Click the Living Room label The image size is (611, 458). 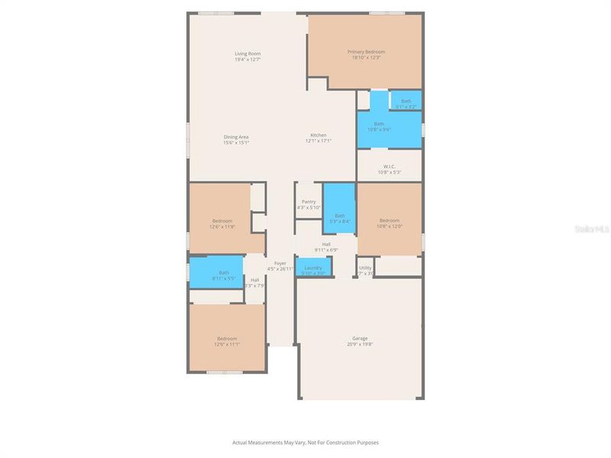pyautogui.click(x=247, y=53)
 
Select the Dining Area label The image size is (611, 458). pyautogui.click(x=236, y=137)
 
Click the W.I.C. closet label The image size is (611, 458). pyautogui.click(x=389, y=166)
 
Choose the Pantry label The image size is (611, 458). pyautogui.click(x=309, y=202)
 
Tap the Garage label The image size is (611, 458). pyautogui.click(x=360, y=338)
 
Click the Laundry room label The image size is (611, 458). pyautogui.click(x=313, y=268)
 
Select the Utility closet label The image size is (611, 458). pyautogui.click(x=365, y=268)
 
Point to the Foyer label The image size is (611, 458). pyautogui.click(x=280, y=263)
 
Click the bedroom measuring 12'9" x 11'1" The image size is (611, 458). pyautogui.click(x=227, y=341)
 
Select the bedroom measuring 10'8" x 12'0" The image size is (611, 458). pyautogui.click(x=390, y=223)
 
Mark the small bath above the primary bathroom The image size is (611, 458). pyautogui.click(x=406, y=102)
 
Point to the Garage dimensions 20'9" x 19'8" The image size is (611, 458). pyautogui.click(x=360, y=344)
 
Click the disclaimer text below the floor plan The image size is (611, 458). pyautogui.click(x=305, y=442)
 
